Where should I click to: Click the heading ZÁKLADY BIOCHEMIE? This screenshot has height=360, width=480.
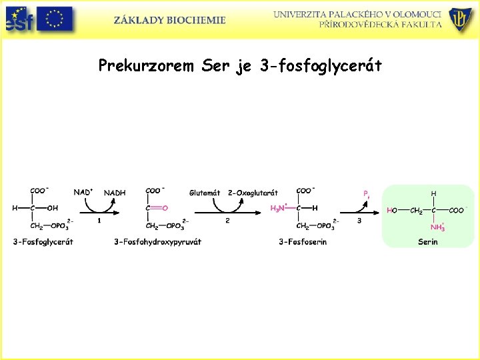tap(169, 20)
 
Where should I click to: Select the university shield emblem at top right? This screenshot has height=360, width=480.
tap(460, 19)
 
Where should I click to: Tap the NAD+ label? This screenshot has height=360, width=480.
tap(83, 192)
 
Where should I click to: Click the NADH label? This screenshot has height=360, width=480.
tap(114, 193)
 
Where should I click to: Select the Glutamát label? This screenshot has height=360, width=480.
tap(205, 193)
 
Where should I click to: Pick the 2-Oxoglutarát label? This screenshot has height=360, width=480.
tap(253, 193)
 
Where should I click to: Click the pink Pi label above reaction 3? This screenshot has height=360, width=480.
tap(366, 194)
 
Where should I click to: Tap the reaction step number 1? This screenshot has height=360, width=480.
tap(99, 221)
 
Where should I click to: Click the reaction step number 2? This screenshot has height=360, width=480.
tap(227, 221)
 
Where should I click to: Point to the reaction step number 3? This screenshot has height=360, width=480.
tap(359, 221)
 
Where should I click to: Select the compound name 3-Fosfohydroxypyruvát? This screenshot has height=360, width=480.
tap(157, 242)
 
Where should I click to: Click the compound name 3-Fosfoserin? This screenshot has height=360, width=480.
tap(303, 242)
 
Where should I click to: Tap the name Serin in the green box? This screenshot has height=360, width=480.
tap(427, 242)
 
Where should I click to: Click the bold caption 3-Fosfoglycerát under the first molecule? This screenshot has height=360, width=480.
tap(43, 242)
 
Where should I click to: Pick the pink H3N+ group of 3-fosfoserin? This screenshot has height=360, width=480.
tap(279, 209)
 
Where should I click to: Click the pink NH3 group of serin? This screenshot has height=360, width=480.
tap(437, 227)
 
